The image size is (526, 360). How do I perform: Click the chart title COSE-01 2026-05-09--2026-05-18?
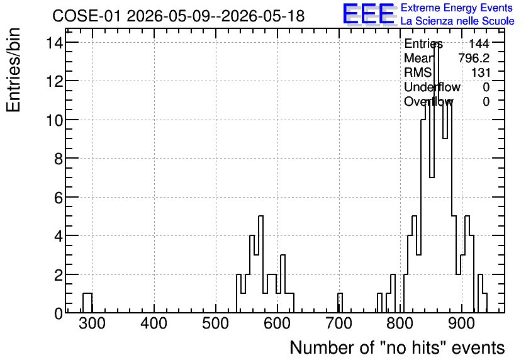[x=179, y=16]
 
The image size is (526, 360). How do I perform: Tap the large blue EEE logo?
[x=369, y=14]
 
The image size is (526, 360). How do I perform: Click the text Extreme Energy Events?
[x=457, y=8]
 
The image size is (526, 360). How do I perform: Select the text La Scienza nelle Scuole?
[x=457, y=21]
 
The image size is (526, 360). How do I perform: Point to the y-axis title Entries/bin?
[x=14, y=70]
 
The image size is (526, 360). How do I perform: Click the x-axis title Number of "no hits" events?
[x=397, y=347]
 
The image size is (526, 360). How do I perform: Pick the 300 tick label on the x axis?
[x=92, y=323]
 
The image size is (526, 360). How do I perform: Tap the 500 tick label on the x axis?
[x=215, y=323]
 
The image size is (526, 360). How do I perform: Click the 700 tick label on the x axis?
[x=339, y=323]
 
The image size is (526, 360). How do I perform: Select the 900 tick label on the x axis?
[x=462, y=323]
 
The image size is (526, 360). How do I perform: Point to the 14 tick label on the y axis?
[x=54, y=43]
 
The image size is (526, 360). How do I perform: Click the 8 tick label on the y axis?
[x=59, y=159]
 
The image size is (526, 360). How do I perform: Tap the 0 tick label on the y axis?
[x=59, y=313]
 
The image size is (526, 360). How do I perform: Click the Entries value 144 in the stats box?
[x=479, y=43]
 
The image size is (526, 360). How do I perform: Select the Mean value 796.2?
[x=474, y=58]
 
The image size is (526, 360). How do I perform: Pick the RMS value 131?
[x=481, y=72]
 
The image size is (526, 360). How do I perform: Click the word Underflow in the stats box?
[x=432, y=87]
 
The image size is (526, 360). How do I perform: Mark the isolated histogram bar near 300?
[x=87, y=303]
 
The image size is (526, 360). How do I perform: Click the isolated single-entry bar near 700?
[x=340, y=303]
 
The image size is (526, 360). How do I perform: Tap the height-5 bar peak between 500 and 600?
[x=260, y=264]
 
